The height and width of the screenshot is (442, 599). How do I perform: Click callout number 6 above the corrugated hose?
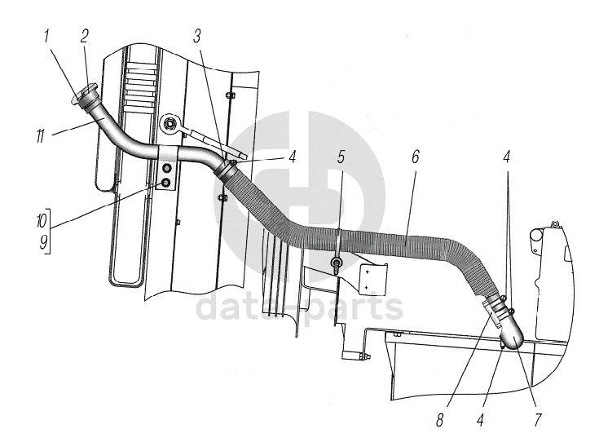click(415, 157)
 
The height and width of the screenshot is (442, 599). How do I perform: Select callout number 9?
click(42, 241)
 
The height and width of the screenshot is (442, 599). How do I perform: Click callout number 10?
click(42, 221)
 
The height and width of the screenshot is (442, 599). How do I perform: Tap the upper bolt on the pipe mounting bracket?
click(166, 169)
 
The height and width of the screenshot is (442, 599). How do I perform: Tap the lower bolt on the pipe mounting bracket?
click(165, 184)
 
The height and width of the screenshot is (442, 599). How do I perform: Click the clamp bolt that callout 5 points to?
click(336, 263)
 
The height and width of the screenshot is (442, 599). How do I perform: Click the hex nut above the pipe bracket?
click(170, 124)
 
